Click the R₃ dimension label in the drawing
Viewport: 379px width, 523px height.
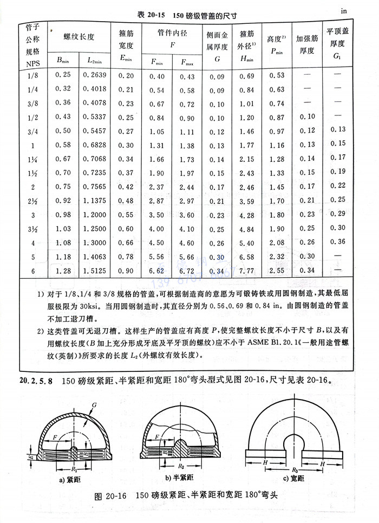(x=296, y=465)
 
